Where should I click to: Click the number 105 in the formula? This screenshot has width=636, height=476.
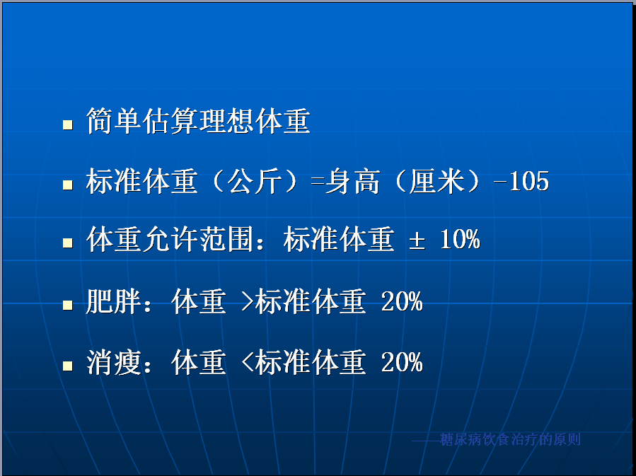click(529, 181)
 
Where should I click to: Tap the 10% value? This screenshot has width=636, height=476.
click(460, 239)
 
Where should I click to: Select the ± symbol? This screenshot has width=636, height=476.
click(417, 240)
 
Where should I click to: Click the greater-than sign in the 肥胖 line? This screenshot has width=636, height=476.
click(247, 301)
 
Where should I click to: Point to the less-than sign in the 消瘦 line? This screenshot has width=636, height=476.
click(247, 362)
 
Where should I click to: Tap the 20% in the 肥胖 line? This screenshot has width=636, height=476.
click(402, 301)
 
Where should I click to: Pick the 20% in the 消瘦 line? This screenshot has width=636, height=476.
click(402, 362)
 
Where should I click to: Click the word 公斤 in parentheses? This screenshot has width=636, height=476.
click(254, 181)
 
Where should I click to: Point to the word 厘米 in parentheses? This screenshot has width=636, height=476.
click(436, 181)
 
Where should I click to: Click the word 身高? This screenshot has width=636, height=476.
click(352, 181)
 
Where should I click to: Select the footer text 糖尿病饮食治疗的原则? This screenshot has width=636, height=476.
click(510, 439)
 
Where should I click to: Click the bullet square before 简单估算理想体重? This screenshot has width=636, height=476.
click(68, 124)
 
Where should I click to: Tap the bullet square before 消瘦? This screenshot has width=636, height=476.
click(68, 366)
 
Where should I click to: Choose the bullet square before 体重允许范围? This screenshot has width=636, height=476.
click(68, 243)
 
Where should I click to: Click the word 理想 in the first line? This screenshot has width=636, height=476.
click(226, 121)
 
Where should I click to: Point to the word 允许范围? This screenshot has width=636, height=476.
click(199, 239)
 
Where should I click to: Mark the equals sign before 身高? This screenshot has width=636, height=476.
click(318, 182)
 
